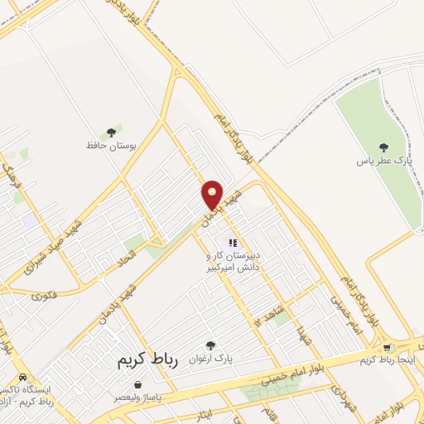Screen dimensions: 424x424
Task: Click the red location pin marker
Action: tap(213, 195)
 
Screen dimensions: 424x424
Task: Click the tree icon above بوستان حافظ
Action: tap(111, 132)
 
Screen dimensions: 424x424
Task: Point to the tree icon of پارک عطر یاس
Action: tap(383, 147)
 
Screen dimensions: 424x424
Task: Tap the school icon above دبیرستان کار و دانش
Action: tap(234, 243)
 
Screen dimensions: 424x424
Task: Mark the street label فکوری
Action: tap(41, 294)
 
